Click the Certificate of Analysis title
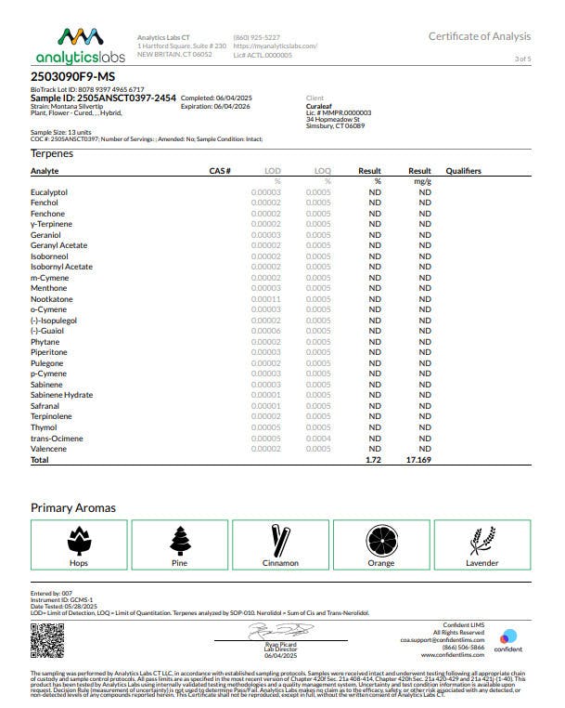pos(479,36)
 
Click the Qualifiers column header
pos(464,172)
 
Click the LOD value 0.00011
pos(265,299)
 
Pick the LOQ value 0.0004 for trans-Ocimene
pos(318,439)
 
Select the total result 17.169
pos(419,460)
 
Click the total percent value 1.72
pos(374,460)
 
